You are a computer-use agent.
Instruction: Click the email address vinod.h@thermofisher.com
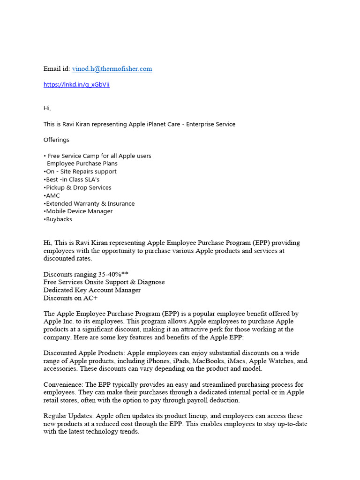click(112, 69)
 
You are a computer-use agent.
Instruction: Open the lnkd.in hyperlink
click(76, 85)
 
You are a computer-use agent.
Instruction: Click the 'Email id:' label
click(57, 69)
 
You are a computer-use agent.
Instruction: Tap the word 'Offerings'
click(56, 140)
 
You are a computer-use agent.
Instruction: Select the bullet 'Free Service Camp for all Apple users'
click(99, 156)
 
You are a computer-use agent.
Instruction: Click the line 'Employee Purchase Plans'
click(82, 164)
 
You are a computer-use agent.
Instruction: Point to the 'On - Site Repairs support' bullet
click(81, 172)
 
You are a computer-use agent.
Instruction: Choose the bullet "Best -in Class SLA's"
click(72, 180)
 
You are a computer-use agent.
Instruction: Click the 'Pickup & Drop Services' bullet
click(78, 187)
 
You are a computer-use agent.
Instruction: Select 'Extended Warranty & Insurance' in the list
click(90, 203)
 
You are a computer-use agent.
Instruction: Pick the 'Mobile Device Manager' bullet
click(79, 211)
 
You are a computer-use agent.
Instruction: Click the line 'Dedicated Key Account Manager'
click(92, 290)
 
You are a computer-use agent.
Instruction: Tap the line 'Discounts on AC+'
click(70, 298)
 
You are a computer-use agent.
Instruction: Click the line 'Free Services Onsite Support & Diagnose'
click(104, 282)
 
